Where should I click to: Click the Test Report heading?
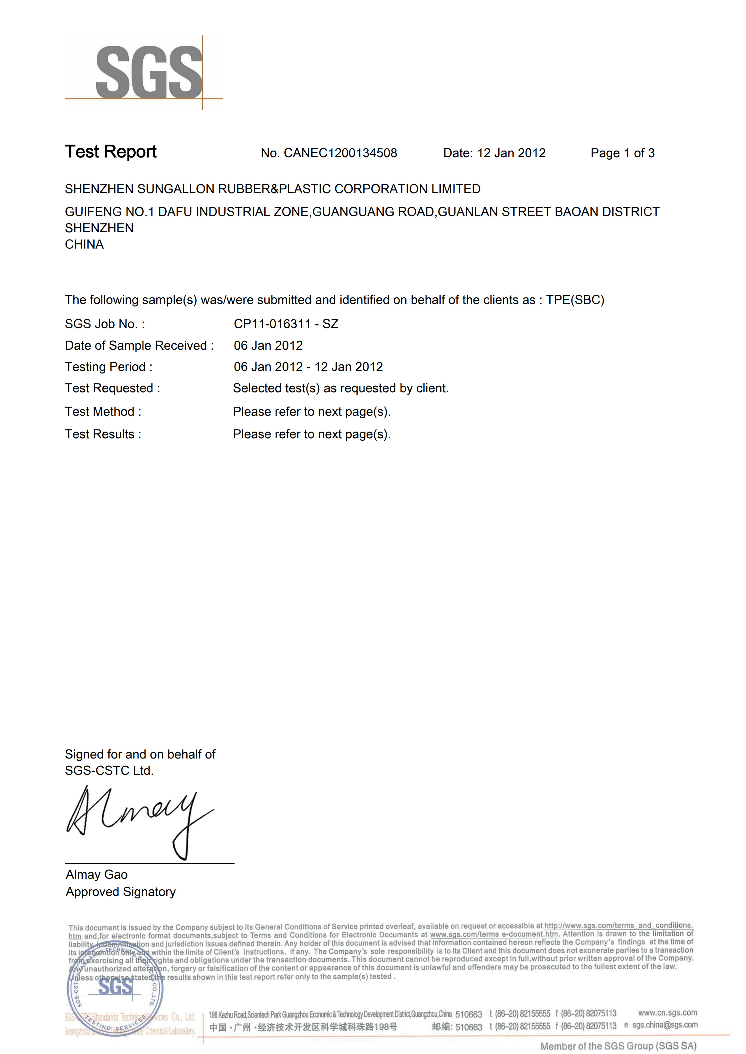tap(111, 152)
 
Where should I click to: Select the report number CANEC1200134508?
tap(340, 153)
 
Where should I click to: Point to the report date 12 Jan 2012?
tap(511, 153)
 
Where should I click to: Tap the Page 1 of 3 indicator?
tap(622, 153)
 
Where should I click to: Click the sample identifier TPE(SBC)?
tap(575, 300)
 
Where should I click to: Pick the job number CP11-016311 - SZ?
tap(286, 324)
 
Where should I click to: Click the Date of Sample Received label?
tap(139, 345)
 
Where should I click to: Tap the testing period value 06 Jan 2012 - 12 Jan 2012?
tap(308, 367)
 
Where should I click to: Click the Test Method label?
tap(103, 411)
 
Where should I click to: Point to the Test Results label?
tap(103, 434)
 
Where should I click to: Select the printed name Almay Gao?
tap(96, 875)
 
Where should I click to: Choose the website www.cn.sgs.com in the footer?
tap(667, 1012)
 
